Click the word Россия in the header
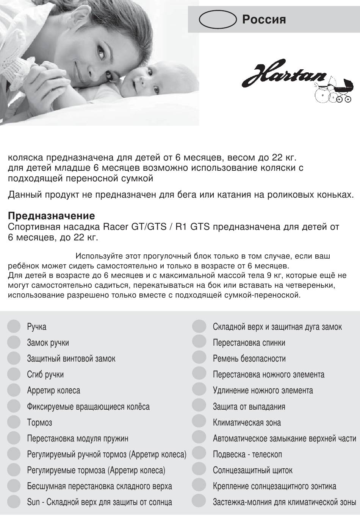(x=264, y=19)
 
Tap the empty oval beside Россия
(x=217, y=19)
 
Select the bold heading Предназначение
(x=52, y=216)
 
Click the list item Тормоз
(x=39, y=423)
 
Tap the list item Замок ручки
(x=48, y=343)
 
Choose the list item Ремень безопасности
(x=249, y=359)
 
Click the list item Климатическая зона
(x=247, y=423)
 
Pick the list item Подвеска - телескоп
(x=247, y=454)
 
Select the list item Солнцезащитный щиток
(x=252, y=470)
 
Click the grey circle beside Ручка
(x=14, y=326)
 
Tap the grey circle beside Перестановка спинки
(x=199, y=342)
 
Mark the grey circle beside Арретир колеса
(x=14, y=390)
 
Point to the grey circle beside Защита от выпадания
(x=199, y=406)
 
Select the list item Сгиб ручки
(x=45, y=374)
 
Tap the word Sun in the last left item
(x=33, y=502)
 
